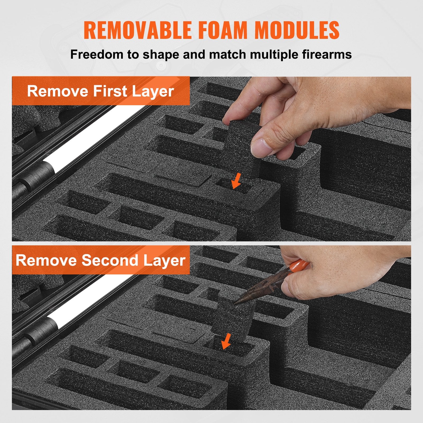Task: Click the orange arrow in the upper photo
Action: pos(236,181)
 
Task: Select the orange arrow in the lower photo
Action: pos(226,341)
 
